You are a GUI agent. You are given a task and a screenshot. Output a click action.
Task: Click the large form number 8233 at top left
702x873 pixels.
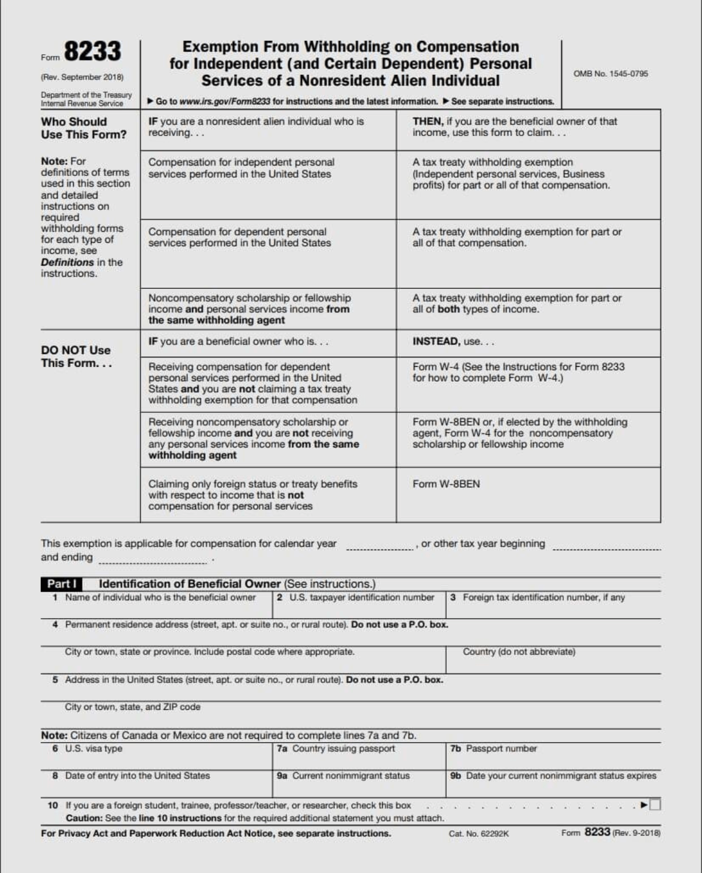click(x=92, y=51)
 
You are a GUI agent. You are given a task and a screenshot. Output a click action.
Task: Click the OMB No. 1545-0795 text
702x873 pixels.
click(x=610, y=74)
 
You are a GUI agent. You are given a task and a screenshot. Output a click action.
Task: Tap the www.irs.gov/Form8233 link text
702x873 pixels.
click(x=224, y=101)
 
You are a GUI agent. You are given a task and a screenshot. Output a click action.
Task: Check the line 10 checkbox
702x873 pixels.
click(x=655, y=805)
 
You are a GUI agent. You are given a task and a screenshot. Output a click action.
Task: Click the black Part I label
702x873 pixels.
click(x=61, y=584)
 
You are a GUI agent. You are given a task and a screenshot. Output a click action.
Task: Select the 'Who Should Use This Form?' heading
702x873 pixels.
click(x=84, y=128)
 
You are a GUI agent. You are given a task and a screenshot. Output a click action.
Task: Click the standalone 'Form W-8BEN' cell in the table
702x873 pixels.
click(x=446, y=484)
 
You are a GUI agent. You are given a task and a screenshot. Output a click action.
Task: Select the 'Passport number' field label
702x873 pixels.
click(x=501, y=748)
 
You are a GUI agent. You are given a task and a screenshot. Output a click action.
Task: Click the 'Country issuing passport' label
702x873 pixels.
click(x=344, y=748)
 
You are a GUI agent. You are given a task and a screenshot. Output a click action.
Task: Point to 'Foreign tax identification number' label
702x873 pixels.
click(x=544, y=597)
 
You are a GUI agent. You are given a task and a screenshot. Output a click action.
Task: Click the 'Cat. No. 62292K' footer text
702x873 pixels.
click(x=478, y=834)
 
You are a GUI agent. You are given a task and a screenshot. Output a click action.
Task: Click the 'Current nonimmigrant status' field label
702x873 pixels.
click(x=350, y=776)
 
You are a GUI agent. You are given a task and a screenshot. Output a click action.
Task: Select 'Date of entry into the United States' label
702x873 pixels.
click(x=137, y=776)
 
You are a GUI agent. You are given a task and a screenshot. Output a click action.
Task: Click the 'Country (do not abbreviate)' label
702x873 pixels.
click(x=519, y=652)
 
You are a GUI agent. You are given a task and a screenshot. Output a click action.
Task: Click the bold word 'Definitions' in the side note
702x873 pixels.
click(x=67, y=262)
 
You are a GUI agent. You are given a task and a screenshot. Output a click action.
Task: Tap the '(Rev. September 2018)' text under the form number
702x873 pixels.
click(x=82, y=77)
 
